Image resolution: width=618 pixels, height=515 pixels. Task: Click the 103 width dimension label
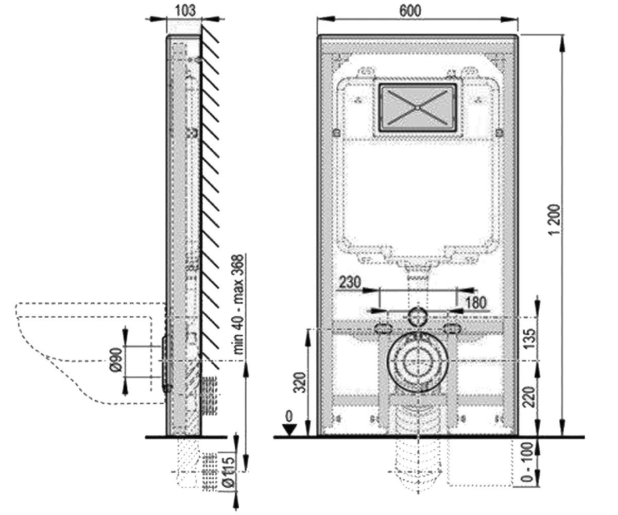tap(185, 11)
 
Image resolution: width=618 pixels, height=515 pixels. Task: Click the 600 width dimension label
tap(410, 11)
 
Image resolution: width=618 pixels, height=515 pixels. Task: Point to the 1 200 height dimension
tap(554, 219)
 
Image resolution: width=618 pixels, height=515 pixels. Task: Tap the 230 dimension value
tap(350, 282)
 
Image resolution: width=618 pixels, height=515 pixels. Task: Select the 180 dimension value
tap(476, 302)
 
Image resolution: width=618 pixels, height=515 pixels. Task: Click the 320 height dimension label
tap(300, 383)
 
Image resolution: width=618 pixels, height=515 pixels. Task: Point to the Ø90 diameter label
tap(116, 359)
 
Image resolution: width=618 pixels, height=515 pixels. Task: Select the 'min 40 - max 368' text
tap(238, 304)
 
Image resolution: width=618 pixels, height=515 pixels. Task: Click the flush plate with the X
tap(418, 108)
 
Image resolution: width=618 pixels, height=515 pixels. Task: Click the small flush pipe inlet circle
tap(418, 316)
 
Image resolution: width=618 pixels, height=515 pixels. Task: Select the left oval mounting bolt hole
tap(384, 328)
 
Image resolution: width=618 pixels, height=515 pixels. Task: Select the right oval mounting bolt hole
tap(452, 328)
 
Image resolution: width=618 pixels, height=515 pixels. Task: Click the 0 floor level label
tap(289, 417)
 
